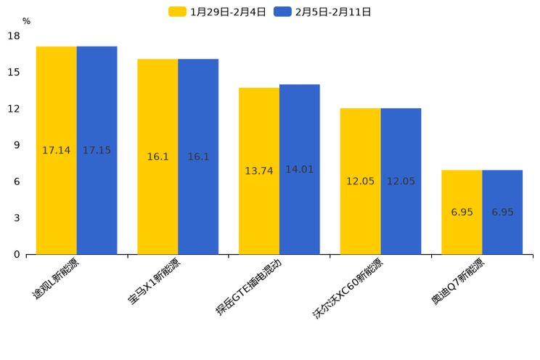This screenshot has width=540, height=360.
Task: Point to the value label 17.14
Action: coord(57,150)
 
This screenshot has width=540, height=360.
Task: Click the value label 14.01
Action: coord(299,169)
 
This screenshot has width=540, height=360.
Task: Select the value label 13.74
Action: coord(259,171)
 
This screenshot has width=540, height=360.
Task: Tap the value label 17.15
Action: coord(97,150)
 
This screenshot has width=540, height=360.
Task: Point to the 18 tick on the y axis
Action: coord(15,36)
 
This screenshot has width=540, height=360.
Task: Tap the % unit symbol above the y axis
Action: coord(26,22)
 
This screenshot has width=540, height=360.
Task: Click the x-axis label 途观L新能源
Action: coord(56,279)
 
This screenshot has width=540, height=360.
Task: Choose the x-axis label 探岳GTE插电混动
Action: coord(248,287)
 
